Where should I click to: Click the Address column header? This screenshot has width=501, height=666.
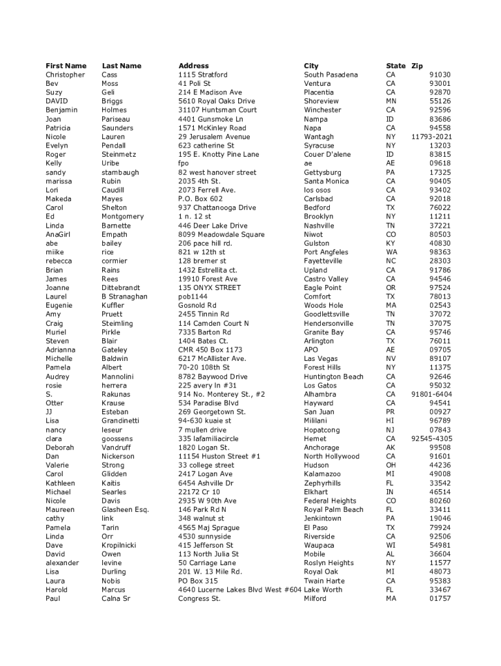[x=193, y=66]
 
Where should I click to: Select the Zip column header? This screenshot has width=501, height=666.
[x=417, y=66]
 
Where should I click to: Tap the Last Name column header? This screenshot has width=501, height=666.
[x=121, y=66]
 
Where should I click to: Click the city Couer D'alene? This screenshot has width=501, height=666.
[x=327, y=154]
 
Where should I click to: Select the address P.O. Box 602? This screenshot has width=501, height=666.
[x=200, y=199]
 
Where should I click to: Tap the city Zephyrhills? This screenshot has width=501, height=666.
[x=322, y=483]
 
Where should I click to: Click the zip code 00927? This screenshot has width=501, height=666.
[x=440, y=412]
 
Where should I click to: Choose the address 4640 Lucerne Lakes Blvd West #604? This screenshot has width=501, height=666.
[x=239, y=589]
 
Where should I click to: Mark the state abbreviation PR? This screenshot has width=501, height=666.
[x=390, y=412]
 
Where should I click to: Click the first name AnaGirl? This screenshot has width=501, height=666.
[x=58, y=234]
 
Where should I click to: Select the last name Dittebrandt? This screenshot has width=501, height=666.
[x=124, y=287]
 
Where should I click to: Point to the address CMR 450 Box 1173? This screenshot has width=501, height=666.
[x=210, y=350]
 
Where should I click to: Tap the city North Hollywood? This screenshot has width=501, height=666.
[x=331, y=457]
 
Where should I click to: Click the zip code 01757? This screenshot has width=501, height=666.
[x=440, y=598]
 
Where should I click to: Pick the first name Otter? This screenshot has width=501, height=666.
[x=54, y=403]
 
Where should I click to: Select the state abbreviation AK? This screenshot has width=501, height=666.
[x=390, y=447]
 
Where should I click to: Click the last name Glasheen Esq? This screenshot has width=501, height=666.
[x=125, y=510]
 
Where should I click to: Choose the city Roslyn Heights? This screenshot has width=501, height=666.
[x=329, y=563]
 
